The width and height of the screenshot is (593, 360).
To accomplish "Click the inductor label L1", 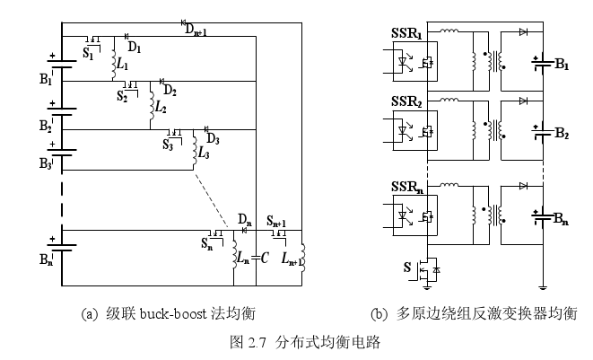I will [124, 65].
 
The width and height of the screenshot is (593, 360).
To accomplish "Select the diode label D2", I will [170, 91].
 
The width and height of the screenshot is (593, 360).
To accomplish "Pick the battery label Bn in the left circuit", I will [47, 262].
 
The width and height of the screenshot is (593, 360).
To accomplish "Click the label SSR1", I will [406, 34].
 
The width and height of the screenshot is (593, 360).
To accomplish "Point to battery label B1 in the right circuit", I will [562, 65].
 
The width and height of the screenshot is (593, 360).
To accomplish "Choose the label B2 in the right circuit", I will [562, 135].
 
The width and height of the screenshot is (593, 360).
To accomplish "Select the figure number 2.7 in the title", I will [259, 343].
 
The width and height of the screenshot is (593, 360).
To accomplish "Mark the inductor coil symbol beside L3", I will [195, 154].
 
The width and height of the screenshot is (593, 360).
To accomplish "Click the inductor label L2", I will [161, 106].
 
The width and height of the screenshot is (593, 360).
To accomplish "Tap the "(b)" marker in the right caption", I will [379, 313].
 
